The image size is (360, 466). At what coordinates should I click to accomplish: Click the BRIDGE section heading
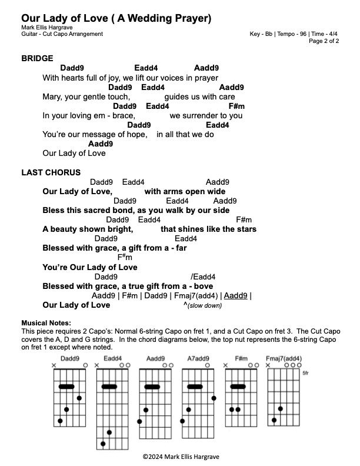pos(37,58)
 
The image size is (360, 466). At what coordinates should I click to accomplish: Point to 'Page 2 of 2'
pos(324,41)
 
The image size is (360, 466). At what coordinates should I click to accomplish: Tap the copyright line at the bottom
pos(179,456)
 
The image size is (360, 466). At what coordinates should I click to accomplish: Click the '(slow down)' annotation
pos(204,306)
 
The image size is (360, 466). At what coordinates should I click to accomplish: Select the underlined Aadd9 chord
pos(236,295)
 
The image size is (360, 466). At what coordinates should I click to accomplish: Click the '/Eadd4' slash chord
pos(203,277)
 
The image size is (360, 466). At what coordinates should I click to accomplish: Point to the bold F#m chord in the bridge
pos(236,106)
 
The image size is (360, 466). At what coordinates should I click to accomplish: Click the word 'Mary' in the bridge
pos(52,96)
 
